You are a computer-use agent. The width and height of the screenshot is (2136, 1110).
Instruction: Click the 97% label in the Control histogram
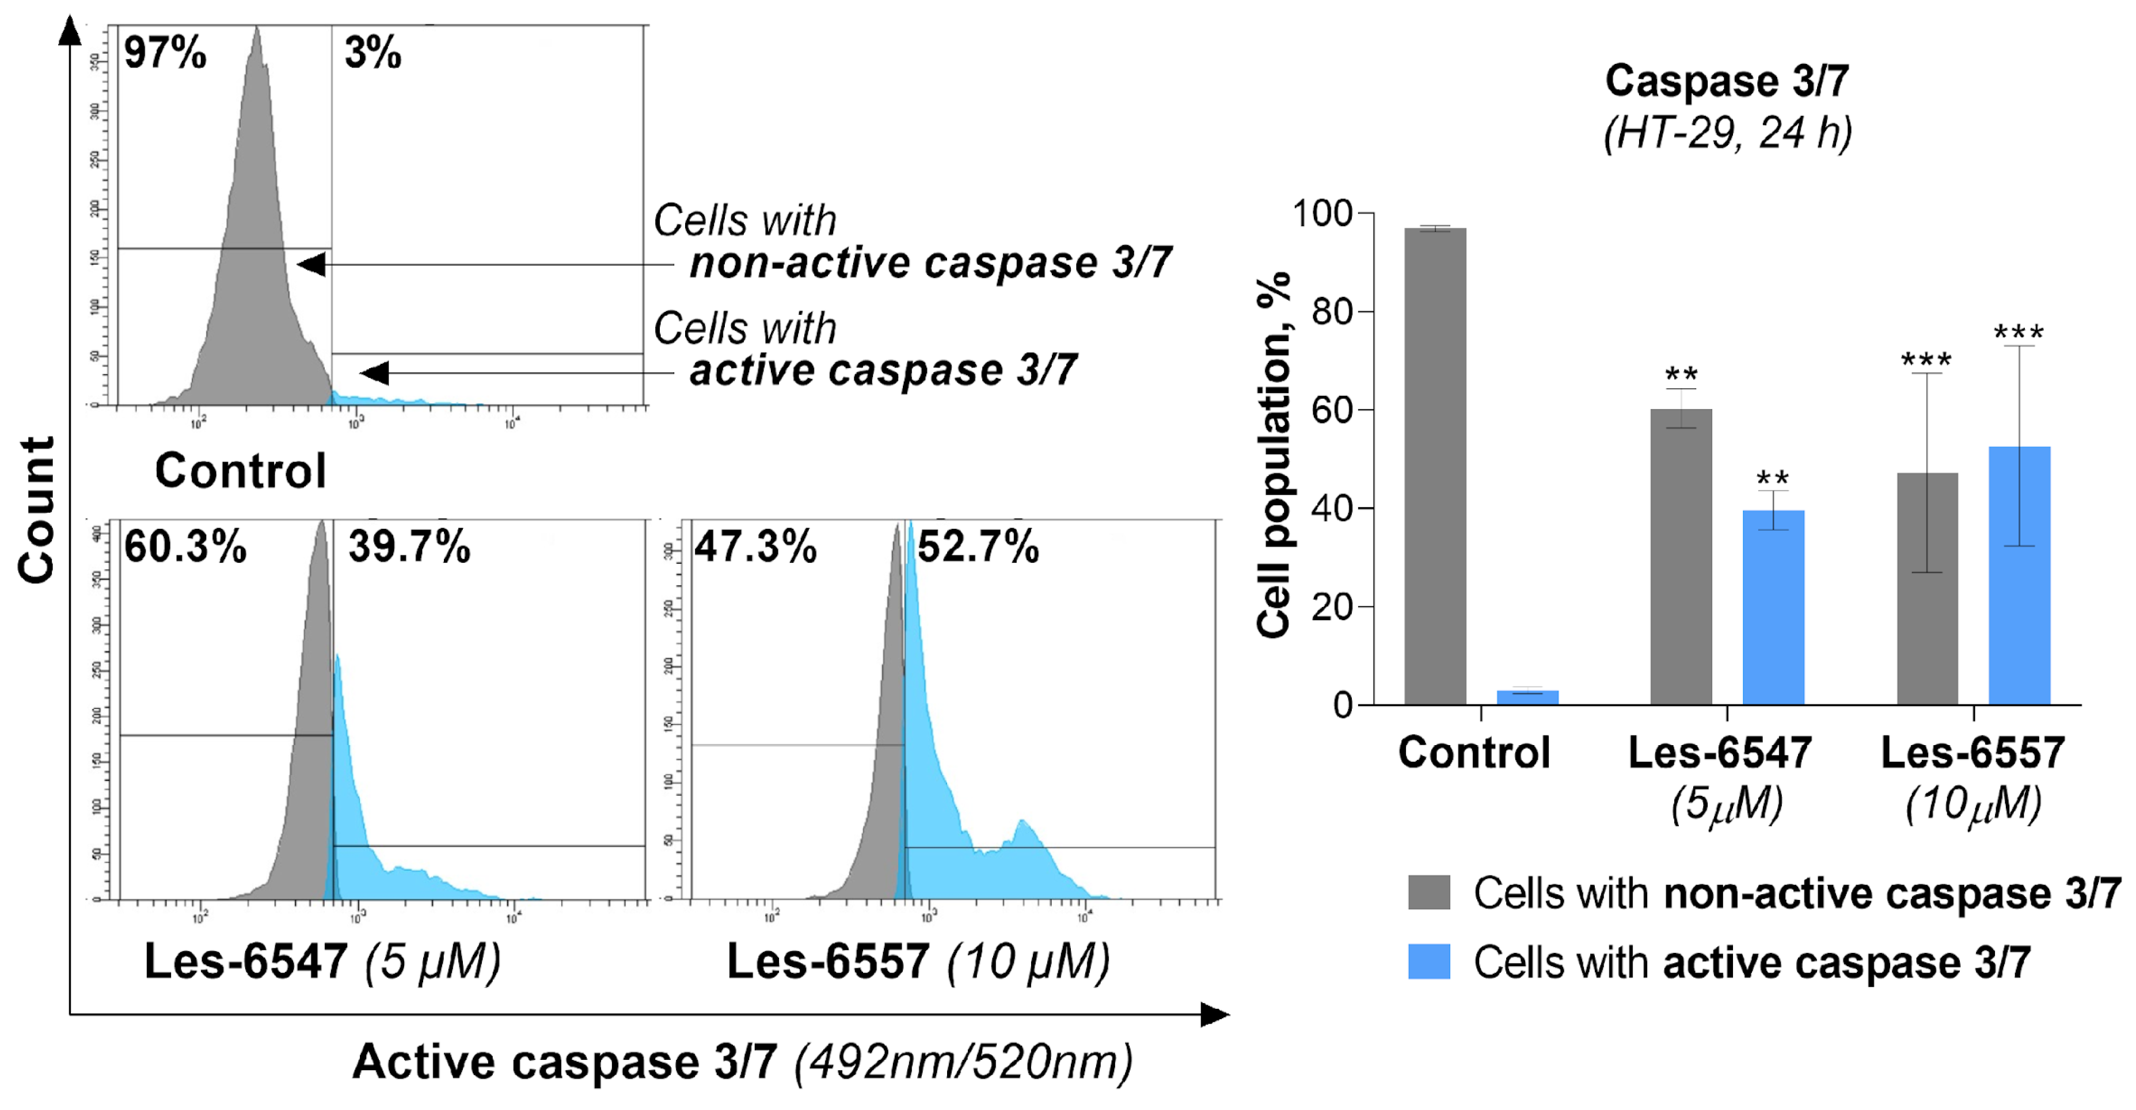164,53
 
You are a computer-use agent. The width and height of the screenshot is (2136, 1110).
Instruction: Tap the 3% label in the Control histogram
373,53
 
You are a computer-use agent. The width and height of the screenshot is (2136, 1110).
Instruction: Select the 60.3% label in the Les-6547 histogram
185,547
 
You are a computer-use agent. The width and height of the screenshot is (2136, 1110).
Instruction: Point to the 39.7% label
409,547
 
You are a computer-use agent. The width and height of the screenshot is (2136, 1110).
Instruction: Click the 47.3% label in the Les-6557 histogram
755,547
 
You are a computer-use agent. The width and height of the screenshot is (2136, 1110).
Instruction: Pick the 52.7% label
978,547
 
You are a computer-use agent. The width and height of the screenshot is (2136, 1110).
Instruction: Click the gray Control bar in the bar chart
1435,464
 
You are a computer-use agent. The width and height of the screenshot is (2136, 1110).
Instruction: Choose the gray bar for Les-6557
1927,589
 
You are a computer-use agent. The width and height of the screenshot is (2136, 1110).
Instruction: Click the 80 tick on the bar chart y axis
1332,312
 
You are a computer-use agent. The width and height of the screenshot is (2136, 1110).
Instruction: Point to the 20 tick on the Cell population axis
1332,608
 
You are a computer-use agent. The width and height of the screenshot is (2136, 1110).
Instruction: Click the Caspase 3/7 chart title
1727,81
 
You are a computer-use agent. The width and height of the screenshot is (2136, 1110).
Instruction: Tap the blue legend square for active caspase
1428,962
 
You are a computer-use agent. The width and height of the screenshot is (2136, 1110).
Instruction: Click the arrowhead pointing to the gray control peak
312,265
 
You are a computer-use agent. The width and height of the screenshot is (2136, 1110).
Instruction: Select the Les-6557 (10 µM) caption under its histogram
917,962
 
